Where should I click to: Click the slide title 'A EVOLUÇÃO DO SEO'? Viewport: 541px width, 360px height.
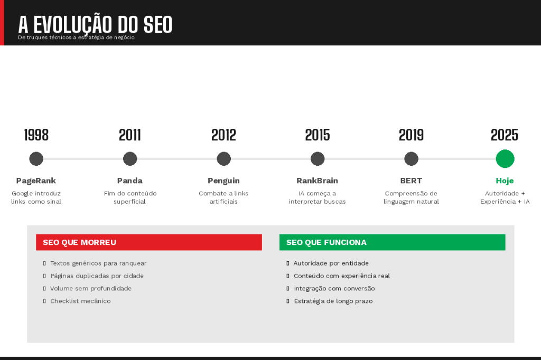[95, 24]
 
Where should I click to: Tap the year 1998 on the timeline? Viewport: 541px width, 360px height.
[36, 135]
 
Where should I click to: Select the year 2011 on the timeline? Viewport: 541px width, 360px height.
[130, 135]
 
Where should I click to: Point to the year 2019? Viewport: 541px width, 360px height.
[411, 135]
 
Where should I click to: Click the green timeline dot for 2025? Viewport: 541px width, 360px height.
[505, 158]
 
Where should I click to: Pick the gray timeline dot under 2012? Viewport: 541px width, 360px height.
[223, 158]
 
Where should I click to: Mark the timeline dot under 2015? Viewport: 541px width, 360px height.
[318, 158]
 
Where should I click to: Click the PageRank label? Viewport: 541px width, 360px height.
[36, 181]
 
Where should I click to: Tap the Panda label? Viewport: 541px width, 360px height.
[130, 181]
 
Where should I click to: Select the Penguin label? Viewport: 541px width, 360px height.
[223, 181]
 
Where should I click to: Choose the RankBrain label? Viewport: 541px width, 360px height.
[317, 181]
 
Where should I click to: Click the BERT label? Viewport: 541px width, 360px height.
[411, 181]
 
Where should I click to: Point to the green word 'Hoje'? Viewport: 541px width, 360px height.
[505, 181]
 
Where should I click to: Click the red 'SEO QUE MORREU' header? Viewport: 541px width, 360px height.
[149, 242]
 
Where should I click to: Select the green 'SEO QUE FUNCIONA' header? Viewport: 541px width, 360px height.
[392, 242]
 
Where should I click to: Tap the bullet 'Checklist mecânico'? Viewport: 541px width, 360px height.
[80, 301]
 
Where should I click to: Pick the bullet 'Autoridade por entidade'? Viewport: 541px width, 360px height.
[331, 263]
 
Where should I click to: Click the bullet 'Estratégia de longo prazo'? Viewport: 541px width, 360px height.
[333, 301]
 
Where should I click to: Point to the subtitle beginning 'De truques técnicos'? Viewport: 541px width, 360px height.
[76, 37]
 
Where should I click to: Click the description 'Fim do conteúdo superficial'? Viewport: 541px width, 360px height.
[130, 197]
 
